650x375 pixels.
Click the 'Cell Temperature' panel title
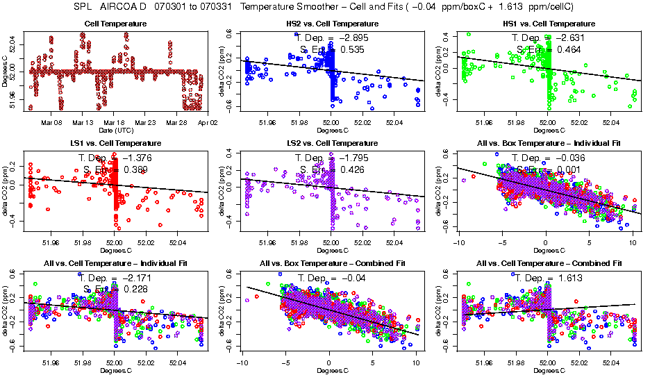115,24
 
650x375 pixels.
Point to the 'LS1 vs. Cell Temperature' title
115,144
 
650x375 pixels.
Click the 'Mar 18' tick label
115,122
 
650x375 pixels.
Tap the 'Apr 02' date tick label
207,122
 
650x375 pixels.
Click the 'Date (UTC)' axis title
115,130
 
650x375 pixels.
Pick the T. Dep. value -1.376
135,158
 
